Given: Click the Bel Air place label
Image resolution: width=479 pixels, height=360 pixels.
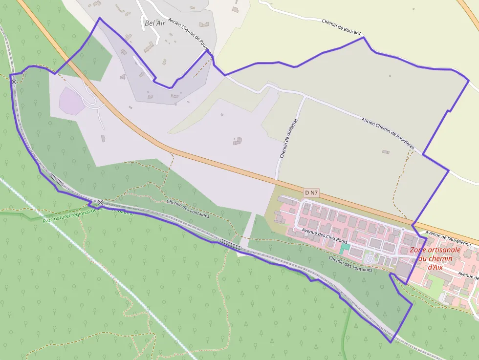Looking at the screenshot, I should click(156, 22).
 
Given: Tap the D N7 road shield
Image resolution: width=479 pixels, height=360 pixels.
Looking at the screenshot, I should click(311, 193).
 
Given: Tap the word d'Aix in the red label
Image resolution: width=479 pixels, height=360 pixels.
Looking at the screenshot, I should click(435, 267).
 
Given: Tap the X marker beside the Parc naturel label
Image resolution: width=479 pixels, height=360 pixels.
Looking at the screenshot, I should click(100, 202).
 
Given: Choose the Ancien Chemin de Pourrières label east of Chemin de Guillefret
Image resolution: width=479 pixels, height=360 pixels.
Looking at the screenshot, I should click(388, 133).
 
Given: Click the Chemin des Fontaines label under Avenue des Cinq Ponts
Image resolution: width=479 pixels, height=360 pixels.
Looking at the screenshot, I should click(350, 263).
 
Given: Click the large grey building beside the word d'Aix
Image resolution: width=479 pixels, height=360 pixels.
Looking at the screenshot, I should click(404, 268).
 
